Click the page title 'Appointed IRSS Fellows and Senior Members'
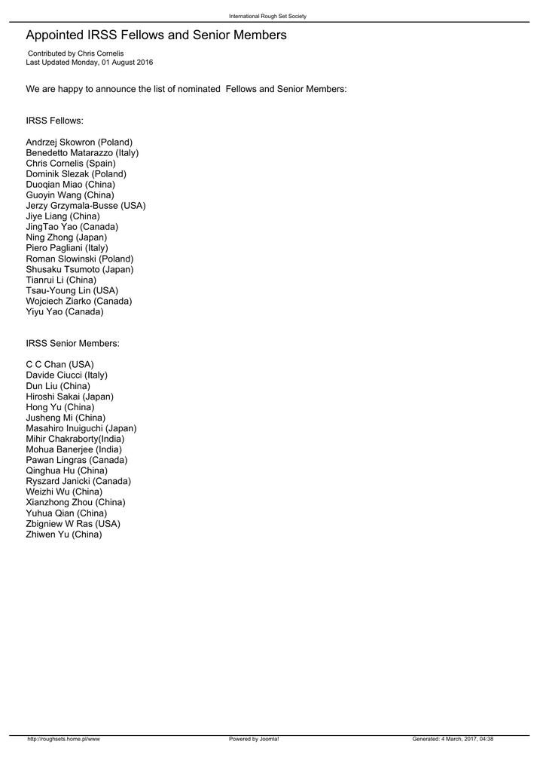click(x=156, y=35)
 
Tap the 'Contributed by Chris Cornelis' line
click(x=75, y=54)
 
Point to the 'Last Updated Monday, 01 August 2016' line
click(x=89, y=63)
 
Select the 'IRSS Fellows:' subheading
click(x=54, y=121)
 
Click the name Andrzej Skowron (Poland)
click(x=79, y=142)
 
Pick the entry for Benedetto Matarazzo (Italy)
click(x=82, y=153)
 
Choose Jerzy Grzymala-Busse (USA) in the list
click(x=86, y=206)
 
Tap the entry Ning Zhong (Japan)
click(x=66, y=237)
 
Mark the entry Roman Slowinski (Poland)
click(x=80, y=259)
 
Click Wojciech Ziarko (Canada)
click(x=78, y=301)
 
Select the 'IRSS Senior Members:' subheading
click(x=72, y=344)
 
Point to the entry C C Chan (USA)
click(x=59, y=365)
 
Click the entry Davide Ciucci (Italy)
click(x=66, y=375)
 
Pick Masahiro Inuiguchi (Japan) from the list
click(x=81, y=428)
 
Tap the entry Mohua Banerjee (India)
click(x=74, y=449)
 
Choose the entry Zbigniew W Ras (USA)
click(x=73, y=523)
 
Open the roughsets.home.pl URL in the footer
click(x=63, y=740)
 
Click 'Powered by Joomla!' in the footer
click(x=254, y=740)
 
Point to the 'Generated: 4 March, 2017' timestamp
click(x=453, y=740)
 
